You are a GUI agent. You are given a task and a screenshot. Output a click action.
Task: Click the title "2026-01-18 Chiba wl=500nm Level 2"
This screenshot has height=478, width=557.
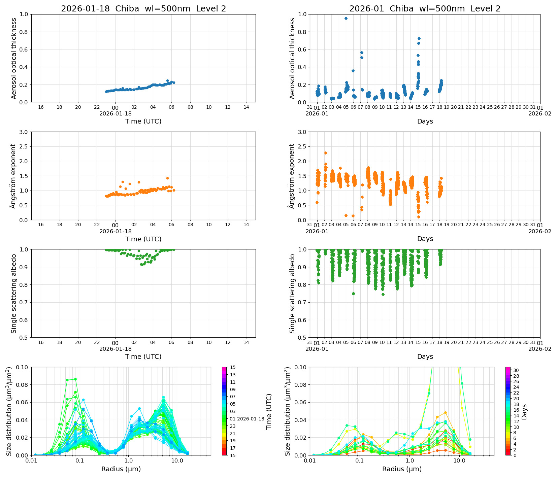point(143,9)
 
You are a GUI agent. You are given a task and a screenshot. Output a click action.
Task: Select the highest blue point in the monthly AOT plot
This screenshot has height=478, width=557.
point(346,19)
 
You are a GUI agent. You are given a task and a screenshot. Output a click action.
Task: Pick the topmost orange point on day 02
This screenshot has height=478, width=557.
point(326,153)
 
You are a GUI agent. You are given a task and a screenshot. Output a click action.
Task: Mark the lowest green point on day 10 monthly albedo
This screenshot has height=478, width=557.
point(383,294)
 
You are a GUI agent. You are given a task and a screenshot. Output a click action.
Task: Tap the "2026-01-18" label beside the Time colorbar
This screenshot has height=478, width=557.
point(251,419)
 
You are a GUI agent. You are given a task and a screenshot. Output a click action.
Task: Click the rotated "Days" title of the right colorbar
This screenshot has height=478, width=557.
point(524,412)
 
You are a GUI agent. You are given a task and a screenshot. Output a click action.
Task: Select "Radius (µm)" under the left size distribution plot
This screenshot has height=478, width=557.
point(121,469)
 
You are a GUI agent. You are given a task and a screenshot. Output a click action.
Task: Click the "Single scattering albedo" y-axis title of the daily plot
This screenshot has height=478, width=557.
point(14,294)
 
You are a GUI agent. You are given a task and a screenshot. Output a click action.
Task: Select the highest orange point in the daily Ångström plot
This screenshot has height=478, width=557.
point(167,178)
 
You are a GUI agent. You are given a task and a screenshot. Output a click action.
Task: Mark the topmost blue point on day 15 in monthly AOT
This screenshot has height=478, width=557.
point(419,38)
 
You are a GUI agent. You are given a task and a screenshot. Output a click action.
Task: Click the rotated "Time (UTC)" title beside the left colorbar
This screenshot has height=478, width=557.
point(269,412)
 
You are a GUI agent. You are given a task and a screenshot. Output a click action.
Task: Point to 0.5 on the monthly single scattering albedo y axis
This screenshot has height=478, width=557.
point(302,338)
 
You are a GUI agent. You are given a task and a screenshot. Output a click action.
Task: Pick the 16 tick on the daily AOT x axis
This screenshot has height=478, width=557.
point(41,107)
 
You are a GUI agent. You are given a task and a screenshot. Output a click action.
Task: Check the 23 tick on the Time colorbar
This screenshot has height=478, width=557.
point(233,426)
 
